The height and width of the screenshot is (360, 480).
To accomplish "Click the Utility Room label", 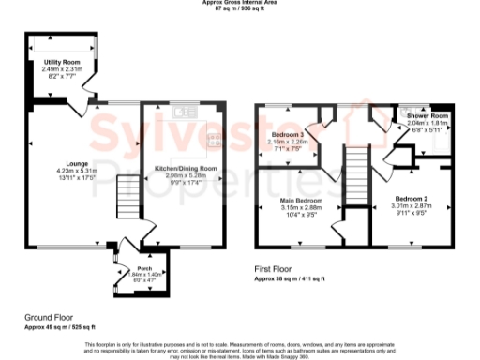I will (61, 61).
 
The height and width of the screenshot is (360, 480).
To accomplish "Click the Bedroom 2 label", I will (411, 200).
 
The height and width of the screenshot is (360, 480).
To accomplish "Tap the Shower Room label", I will (427, 116).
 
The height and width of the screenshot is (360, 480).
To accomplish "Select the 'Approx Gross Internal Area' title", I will (240, 3).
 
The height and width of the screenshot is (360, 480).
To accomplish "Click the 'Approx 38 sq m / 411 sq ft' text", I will (291, 278).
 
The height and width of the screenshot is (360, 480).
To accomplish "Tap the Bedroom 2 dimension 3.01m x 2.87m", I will (411, 206).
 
